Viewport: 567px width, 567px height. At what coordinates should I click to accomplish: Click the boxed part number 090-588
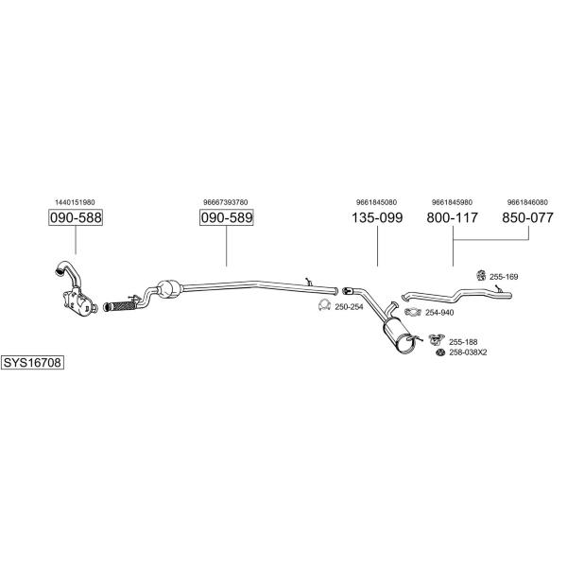pyautogui.click(x=76, y=217)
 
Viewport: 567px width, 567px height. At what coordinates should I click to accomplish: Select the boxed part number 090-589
pyautogui.click(x=227, y=217)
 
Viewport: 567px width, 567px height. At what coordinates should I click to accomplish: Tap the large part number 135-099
pyautogui.click(x=377, y=217)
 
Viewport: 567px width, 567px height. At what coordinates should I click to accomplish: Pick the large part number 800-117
pyautogui.click(x=453, y=217)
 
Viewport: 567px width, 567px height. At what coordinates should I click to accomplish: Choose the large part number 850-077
pyautogui.click(x=527, y=217)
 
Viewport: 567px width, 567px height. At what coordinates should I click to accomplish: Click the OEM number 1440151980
pyautogui.click(x=75, y=202)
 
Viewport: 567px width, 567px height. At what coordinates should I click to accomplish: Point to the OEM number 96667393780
pyautogui.click(x=226, y=202)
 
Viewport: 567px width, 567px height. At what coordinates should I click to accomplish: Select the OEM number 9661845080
pyautogui.click(x=376, y=202)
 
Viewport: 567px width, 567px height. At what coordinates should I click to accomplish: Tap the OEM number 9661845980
pyautogui.click(x=452, y=202)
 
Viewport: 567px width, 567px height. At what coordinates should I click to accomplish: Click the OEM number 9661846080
pyautogui.click(x=527, y=202)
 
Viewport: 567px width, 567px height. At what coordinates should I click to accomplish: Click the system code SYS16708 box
pyautogui.click(x=32, y=362)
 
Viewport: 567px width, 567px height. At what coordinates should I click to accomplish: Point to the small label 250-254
pyautogui.click(x=349, y=307)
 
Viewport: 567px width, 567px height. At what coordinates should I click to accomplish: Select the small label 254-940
pyautogui.click(x=439, y=313)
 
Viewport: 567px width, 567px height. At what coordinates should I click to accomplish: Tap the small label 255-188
pyautogui.click(x=463, y=342)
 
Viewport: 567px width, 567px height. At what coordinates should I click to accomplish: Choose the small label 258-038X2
pyautogui.click(x=468, y=352)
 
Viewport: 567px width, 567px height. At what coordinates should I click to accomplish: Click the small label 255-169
pyautogui.click(x=504, y=277)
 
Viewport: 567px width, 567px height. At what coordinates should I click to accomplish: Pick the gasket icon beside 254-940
pyautogui.click(x=413, y=312)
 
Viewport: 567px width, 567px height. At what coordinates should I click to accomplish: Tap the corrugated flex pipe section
pyautogui.click(x=120, y=307)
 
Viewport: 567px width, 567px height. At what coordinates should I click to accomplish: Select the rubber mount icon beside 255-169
pyautogui.click(x=481, y=275)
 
